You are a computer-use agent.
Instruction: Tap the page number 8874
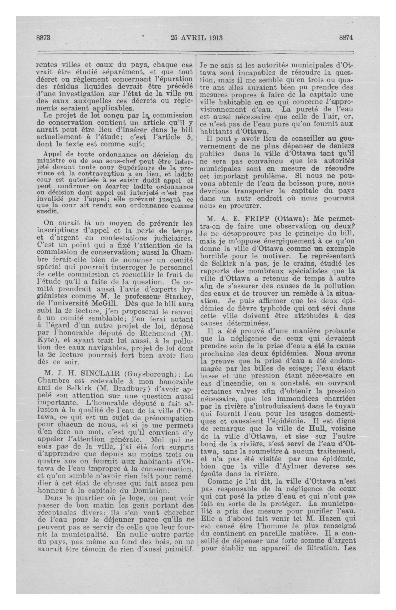point(346,38)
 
